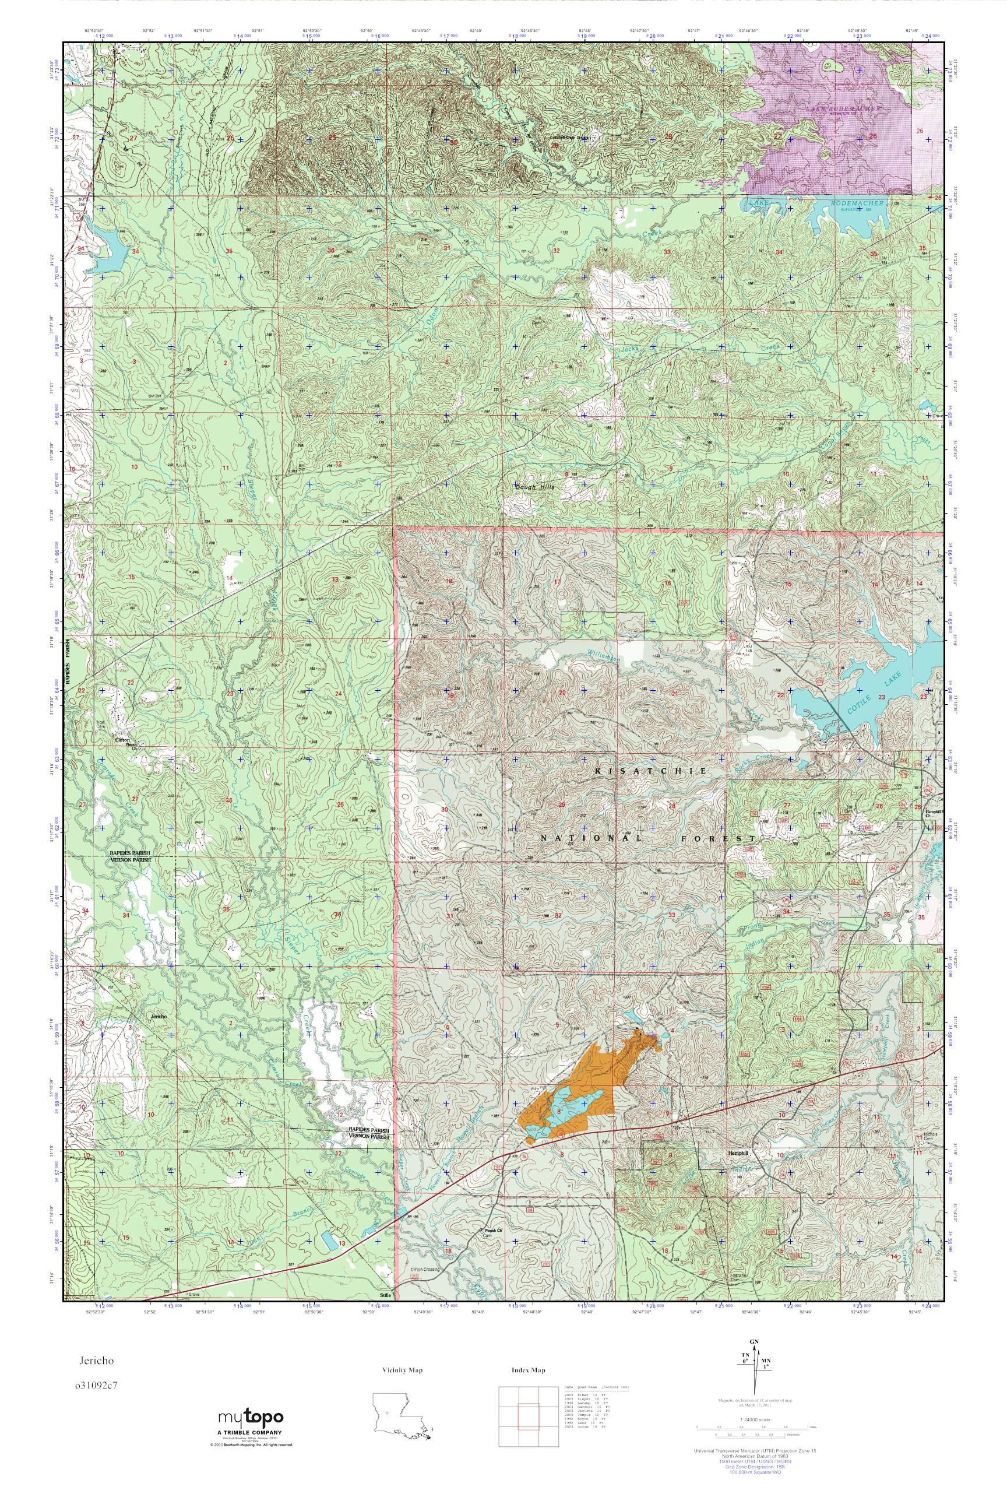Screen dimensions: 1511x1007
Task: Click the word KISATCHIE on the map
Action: point(650,770)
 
